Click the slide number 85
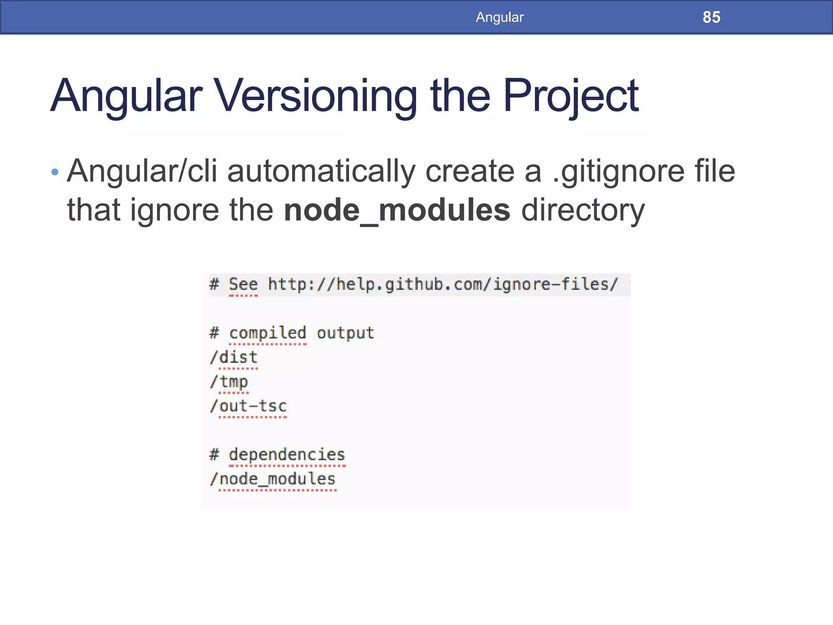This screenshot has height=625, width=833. pyautogui.click(x=711, y=17)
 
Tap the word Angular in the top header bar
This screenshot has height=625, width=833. pyautogui.click(x=499, y=17)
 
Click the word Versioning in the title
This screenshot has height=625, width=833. pyautogui.click(x=316, y=96)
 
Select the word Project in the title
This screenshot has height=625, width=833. pyautogui.click(x=571, y=96)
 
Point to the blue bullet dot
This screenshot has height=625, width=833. pyautogui.click(x=55, y=172)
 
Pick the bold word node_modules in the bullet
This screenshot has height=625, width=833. pyautogui.click(x=397, y=210)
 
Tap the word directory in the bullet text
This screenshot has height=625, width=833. pyautogui.click(x=583, y=210)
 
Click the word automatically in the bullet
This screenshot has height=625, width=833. pyautogui.click(x=321, y=172)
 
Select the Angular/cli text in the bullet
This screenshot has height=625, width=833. pyautogui.click(x=142, y=172)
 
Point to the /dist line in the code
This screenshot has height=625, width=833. pyautogui.click(x=234, y=357)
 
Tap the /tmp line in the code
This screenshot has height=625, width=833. pyautogui.click(x=229, y=382)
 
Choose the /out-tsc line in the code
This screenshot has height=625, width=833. pyautogui.click(x=249, y=406)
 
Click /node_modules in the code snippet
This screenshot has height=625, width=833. pyautogui.click(x=273, y=479)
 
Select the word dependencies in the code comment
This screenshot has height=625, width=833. pyautogui.click(x=287, y=455)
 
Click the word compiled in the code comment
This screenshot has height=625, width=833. pyautogui.click(x=267, y=333)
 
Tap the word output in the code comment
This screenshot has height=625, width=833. pyautogui.click(x=345, y=333)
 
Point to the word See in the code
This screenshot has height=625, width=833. pyautogui.click(x=243, y=284)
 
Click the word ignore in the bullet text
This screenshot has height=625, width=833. pyautogui.click(x=174, y=210)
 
